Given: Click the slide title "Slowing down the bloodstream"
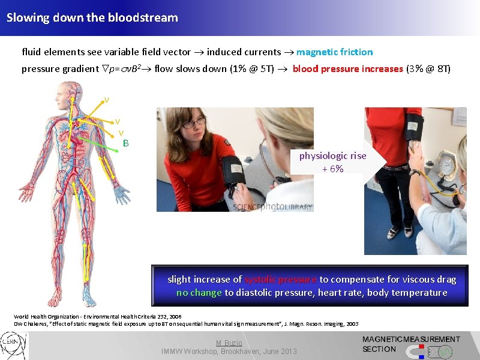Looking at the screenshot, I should tap(92, 17).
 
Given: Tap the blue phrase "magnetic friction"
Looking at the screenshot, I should tap(334, 52).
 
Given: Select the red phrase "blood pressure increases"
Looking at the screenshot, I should tap(347, 68).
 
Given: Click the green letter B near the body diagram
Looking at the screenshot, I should tap(125, 143).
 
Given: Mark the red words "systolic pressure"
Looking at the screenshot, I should tap(280, 280).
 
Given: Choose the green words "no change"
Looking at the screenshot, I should tap(199, 293).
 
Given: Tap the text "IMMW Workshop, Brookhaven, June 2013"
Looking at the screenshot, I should tap(229, 351).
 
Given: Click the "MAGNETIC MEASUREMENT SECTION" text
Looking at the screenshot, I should tap(410, 344).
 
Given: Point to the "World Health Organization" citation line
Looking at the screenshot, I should tap(97, 316).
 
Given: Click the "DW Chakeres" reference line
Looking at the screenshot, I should tap(186, 324).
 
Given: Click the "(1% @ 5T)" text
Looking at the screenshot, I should tap(252, 68).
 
